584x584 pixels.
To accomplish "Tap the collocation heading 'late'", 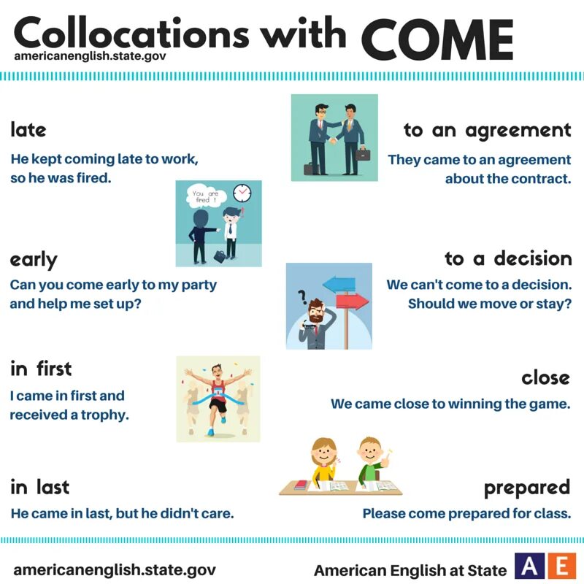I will [x=28, y=130].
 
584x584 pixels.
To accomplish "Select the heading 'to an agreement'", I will [x=487, y=130].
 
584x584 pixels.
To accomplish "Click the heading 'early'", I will [x=33, y=260].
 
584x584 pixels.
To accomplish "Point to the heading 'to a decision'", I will [x=508, y=258].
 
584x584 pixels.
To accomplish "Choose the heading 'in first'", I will [x=41, y=369].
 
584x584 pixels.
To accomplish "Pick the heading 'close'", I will [x=545, y=377].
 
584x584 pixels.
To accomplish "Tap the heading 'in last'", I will [x=39, y=486].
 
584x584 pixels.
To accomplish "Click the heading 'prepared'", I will [x=526, y=487].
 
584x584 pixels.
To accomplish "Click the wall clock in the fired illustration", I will [x=241, y=193].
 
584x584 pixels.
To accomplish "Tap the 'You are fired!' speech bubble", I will [x=202, y=197].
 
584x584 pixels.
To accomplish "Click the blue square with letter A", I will [x=528, y=566].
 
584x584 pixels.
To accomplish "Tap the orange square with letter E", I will [x=561, y=566].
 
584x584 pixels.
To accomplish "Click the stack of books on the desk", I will [x=300, y=485].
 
